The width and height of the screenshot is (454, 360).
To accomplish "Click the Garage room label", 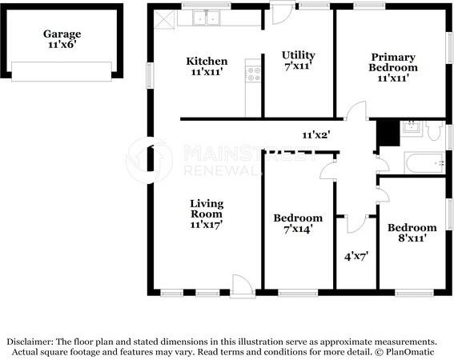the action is tap(62, 39).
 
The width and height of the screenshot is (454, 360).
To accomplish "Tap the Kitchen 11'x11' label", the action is tap(207, 66).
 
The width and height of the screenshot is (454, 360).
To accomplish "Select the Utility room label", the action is tap(298, 60).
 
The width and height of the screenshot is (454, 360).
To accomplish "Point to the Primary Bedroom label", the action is tap(393, 67).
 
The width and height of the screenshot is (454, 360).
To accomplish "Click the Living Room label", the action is tap(207, 214).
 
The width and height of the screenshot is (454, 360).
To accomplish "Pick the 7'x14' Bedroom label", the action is tap(298, 223).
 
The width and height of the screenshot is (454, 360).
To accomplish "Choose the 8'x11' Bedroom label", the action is tap(412, 233).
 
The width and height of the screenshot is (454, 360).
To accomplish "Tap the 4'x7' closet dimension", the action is tap(356, 256).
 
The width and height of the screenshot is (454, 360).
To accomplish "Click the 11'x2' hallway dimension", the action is tap(316, 134).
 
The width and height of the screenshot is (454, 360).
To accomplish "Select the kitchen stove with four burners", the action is tap(253, 74).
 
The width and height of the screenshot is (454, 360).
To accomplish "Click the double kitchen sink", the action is tap(207, 18).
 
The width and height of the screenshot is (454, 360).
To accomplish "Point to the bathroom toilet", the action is tap(435, 131).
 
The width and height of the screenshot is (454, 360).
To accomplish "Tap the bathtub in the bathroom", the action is tap(424, 162).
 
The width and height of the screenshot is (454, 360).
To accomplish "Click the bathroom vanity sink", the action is tap(412, 127).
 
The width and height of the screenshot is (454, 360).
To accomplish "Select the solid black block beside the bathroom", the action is tap(388, 134).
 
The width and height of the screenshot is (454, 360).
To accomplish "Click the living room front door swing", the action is tap(243, 285).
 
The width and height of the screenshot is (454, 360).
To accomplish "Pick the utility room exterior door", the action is tap(282, 13).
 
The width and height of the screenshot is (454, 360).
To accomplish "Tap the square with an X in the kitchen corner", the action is tap(164, 19).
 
